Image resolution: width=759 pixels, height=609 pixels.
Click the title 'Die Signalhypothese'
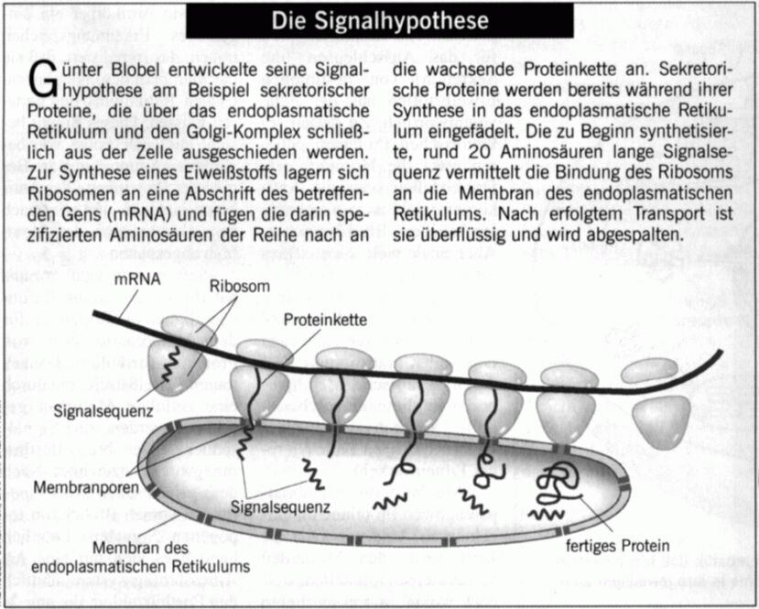pyautogui.click(x=380, y=21)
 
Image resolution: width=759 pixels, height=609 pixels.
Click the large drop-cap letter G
pyautogui.click(x=43, y=81)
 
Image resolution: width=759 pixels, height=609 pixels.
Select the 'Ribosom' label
pyautogui.click(x=240, y=286)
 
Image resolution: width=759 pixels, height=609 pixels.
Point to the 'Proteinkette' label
pyautogui.click(x=325, y=320)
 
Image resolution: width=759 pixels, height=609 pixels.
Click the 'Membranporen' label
pyautogui.click(x=86, y=487)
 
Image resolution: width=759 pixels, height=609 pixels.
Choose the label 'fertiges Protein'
pyautogui.click(x=618, y=546)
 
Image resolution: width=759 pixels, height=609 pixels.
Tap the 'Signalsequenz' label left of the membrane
pyautogui.click(x=103, y=411)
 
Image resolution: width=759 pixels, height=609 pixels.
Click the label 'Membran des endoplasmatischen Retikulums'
pyautogui.click(x=140, y=557)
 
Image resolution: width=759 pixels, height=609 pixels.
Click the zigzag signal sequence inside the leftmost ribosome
pyautogui.click(x=170, y=363)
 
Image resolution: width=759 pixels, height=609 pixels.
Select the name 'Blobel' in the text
pyautogui.click(x=136, y=70)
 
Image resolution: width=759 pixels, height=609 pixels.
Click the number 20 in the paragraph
pyautogui.click(x=479, y=152)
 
